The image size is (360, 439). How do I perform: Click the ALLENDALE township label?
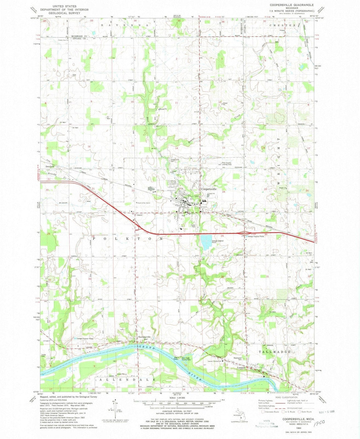[127, 380]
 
